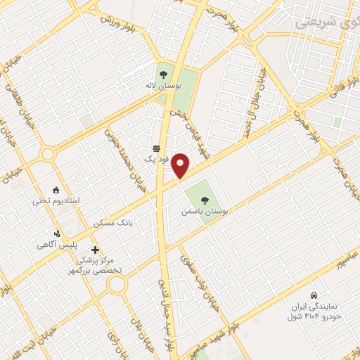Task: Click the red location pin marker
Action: coord(181,165)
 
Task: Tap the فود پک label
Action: coord(157,160)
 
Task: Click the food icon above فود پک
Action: coord(156,148)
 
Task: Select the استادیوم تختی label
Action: coord(56,201)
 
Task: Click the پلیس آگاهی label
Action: coord(58,245)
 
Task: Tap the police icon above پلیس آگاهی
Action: coord(58,233)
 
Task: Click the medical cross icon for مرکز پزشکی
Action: coord(95,250)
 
